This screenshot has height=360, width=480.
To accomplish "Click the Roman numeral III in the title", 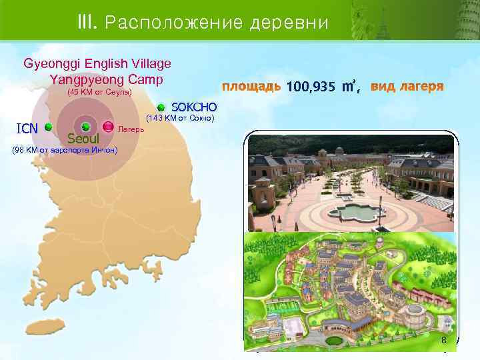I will point(87,23).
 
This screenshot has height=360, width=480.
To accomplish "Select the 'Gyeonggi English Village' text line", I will point(97,64).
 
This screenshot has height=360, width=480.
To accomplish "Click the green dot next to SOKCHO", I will point(161,107).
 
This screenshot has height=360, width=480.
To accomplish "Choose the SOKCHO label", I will point(194,107).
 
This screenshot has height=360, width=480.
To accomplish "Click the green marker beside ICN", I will point(49,127).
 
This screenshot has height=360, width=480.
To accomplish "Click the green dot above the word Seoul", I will point(85,127).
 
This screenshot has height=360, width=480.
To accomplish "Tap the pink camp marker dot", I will point(107,127).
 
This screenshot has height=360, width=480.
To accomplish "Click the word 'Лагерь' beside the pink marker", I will point(129,127).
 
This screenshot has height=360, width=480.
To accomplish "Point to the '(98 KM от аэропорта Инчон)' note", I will point(65,150).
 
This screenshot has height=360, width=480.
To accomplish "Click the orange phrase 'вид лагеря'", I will point(407,87).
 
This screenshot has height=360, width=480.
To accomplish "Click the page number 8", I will point(443,341).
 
